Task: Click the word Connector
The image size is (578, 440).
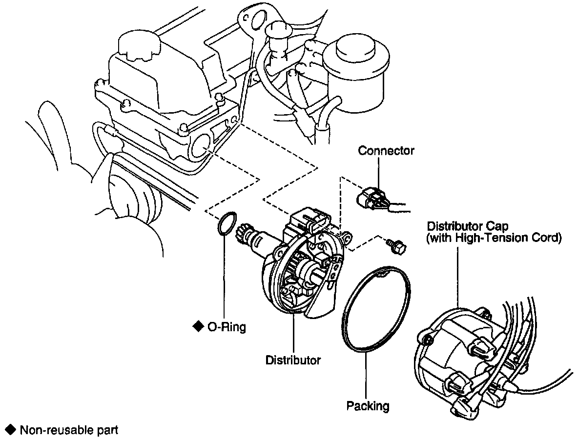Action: pyautogui.click(x=386, y=151)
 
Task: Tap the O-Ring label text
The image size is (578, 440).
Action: pyautogui.click(x=227, y=327)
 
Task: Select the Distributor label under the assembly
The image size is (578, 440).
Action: pyautogui.click(x=293, y=360)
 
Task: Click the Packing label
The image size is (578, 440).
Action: pyautogui.click(x=368, y=406)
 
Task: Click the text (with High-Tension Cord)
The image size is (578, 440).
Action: pyautogui.click(x=494, y=239)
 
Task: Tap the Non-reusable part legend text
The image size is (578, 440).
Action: pyautogui.click(x=68, y=431)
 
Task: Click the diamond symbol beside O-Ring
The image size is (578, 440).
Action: pyautogui.click(x=198, y=326)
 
